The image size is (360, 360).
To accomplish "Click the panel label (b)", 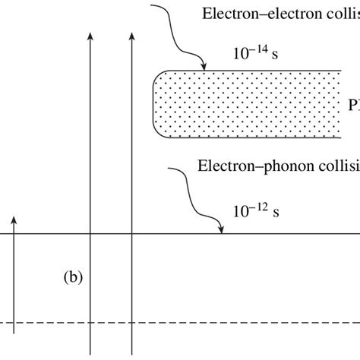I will [72, 278].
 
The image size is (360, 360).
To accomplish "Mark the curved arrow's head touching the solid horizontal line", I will [220, 229].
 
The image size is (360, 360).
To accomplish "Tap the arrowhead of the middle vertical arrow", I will [90, 35].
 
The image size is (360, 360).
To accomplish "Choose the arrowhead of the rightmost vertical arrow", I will [132, 35].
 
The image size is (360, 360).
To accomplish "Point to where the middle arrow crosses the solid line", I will [90, 234].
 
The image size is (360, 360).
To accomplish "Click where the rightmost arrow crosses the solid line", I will [132, 234].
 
